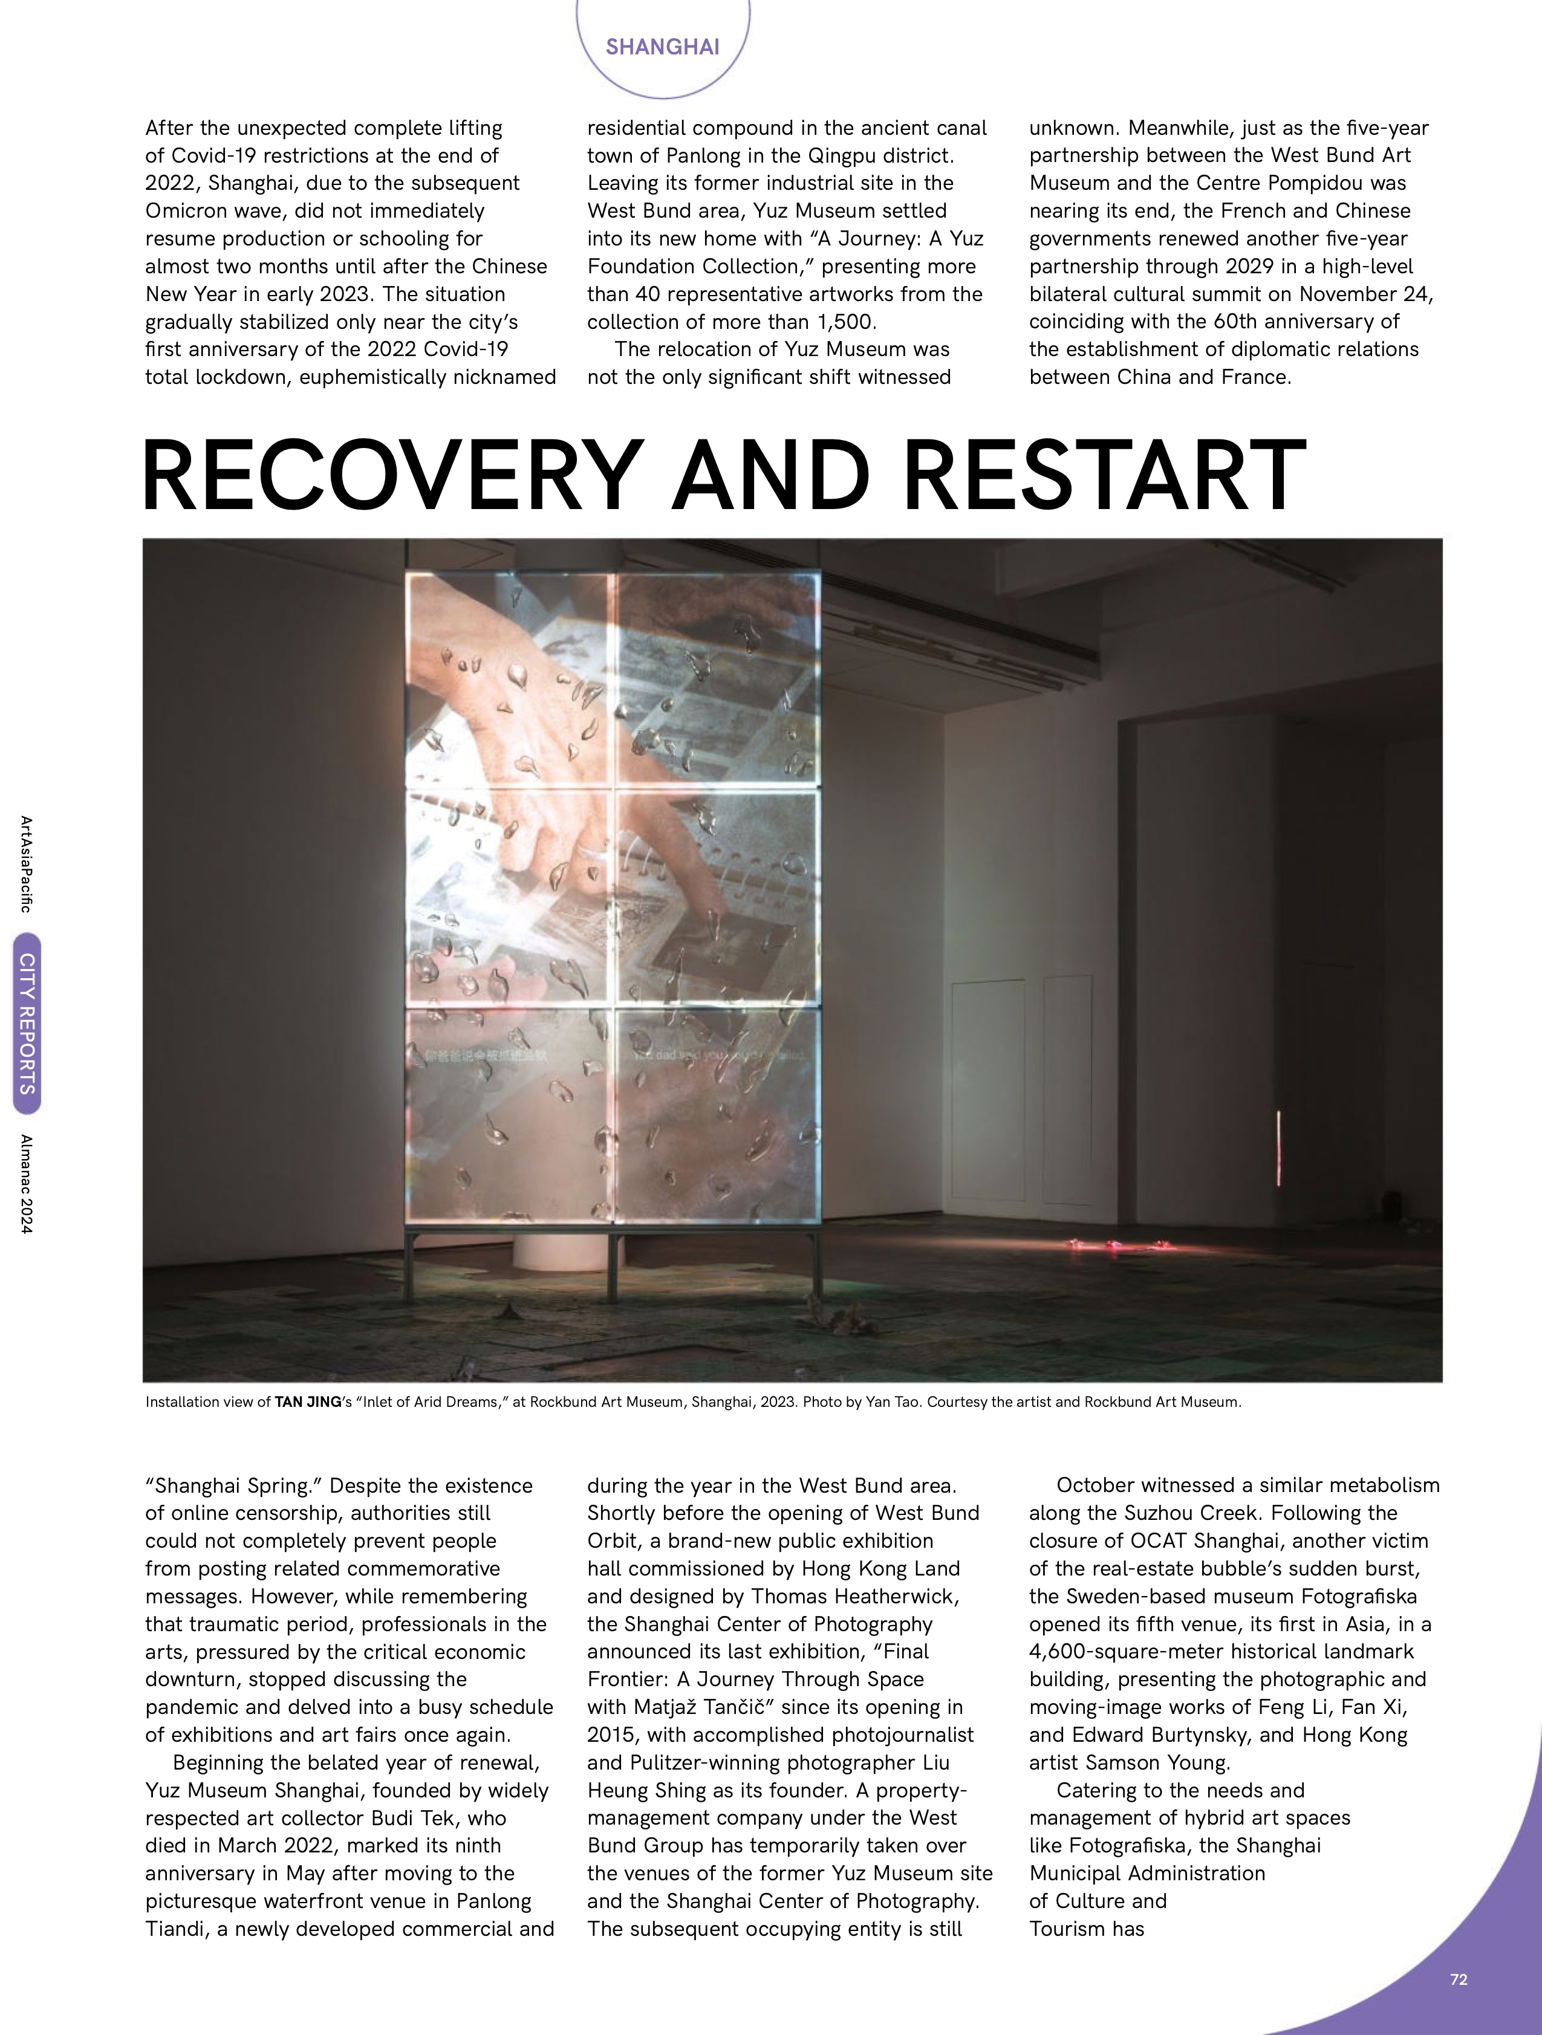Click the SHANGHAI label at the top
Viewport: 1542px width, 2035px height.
coord(662,47)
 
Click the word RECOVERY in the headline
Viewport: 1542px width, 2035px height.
coord(392,476)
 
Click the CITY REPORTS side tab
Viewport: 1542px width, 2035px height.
coord(27,1024)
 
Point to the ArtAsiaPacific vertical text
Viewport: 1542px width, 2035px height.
coord(27,864)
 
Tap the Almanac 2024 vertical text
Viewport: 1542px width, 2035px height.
coord(27,1183)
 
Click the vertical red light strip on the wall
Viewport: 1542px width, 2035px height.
coord(1278,1148)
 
